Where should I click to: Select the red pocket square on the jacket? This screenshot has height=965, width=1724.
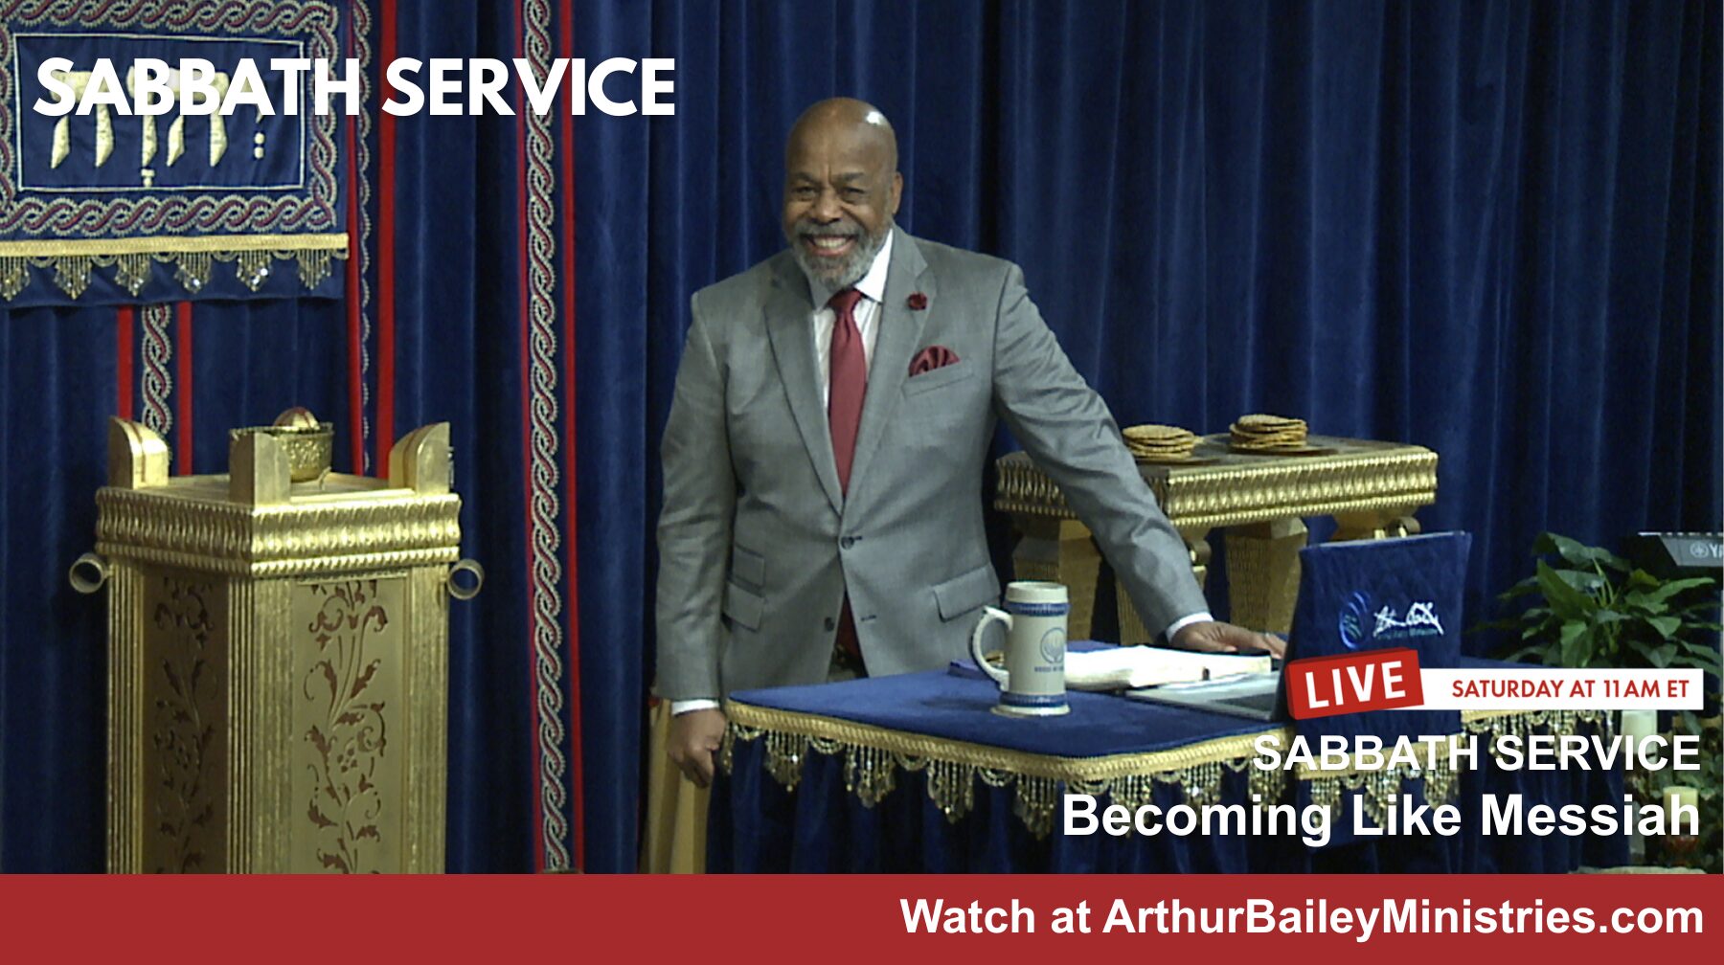932,360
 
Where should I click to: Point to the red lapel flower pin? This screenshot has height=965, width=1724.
917,301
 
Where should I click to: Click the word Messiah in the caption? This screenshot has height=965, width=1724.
1591,816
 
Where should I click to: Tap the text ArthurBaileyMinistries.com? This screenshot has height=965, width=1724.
1403,917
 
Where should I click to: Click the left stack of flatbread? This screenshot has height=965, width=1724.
1160,441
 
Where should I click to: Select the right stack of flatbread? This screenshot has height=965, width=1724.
1268,432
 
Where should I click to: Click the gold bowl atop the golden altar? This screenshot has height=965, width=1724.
295,446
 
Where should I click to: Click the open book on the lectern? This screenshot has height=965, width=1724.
1164,666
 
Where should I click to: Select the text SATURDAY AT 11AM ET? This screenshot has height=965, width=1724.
1569,688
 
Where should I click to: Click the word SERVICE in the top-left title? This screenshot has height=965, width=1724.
529,87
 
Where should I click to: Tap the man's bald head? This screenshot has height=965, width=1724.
840,134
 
